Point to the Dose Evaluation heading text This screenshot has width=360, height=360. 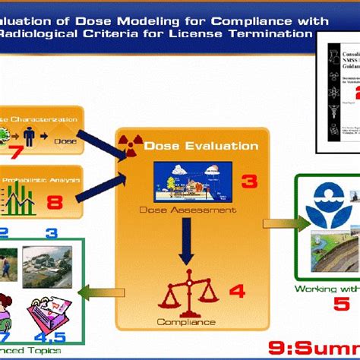click(x=201, y=146)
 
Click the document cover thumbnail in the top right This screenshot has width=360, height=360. click(x=340, y=75)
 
